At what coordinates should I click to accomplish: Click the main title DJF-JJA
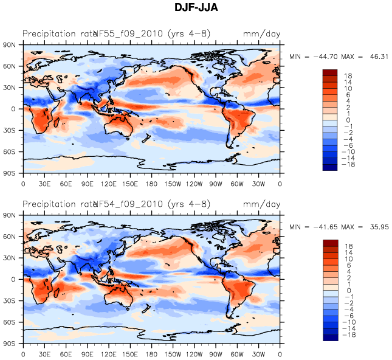click(196, 8)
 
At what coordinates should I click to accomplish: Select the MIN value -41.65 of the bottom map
click(323, 227)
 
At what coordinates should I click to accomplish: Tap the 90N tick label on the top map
click(10, 44)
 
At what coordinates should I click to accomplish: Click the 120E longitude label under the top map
click(109, 183)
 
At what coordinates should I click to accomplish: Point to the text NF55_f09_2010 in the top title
click(128, 33)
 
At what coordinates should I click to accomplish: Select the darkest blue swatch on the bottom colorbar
click(329, 338)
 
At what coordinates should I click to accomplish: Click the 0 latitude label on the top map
click(13, 109)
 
